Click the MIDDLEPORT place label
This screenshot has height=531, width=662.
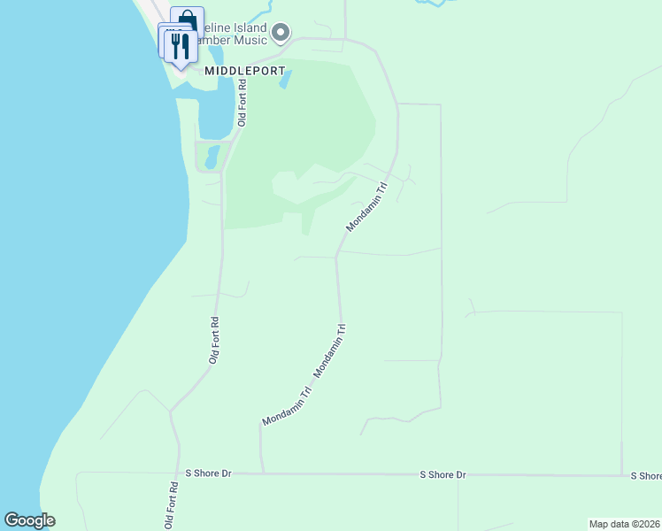[x=234, y=70]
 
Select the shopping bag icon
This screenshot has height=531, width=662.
[x=187, y=20]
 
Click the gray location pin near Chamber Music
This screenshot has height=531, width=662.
[x=281, y=34]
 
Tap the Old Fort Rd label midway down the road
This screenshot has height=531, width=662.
[x=213, y=341]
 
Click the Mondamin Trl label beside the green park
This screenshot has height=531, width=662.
[x=367, y=208]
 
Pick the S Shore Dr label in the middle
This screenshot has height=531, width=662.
[x=443, y=475]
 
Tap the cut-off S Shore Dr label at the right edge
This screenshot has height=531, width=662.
[x=646, y=476]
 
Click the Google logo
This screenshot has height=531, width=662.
[x=29, y=520]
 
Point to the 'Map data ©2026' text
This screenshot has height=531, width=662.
[x=625, y=523]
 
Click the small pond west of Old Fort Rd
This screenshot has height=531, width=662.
[x=212, y=157]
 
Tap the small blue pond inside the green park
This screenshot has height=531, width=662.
[x=285, y=81]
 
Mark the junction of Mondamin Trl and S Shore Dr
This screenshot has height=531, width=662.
[x=262, y=473]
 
